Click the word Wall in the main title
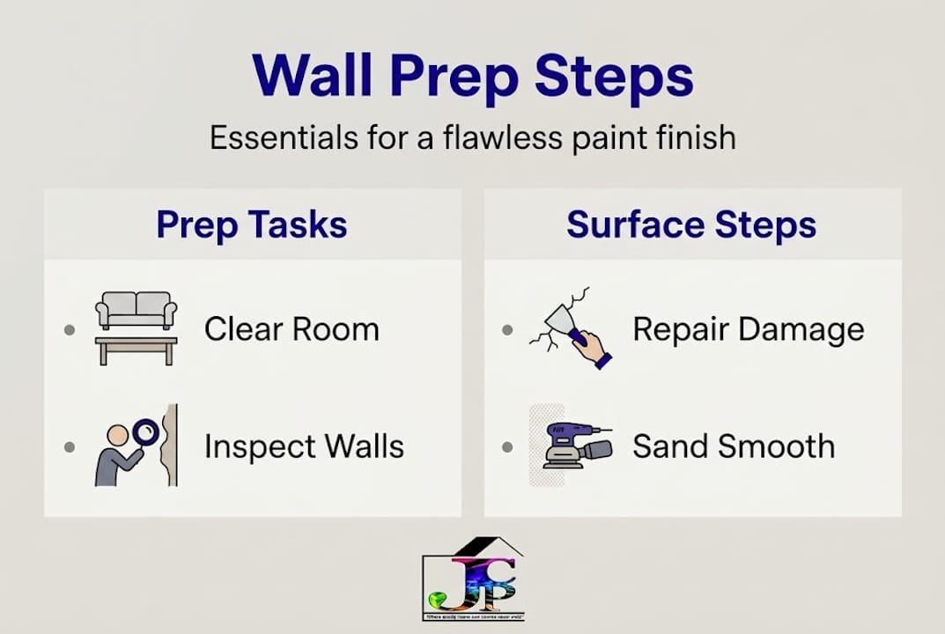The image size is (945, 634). [314, 76]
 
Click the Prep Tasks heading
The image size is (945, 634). [252, 225]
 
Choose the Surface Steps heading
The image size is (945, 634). [691, 225]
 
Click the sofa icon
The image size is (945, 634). [137, 310]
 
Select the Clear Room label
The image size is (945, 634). [292, 330]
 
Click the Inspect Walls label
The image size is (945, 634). [304, 446]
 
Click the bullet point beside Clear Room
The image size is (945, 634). [70, 331]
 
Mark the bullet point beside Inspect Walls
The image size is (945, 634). [70, 447]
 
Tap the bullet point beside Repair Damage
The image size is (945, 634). [507, 331]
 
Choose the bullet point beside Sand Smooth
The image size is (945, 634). [507, 447]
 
